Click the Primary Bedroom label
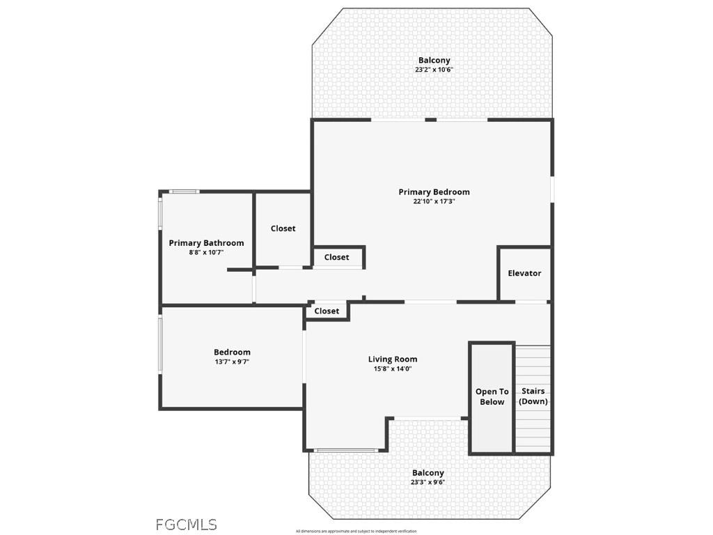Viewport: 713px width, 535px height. tap(434, 192)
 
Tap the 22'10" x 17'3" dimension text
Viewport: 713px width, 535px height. tap(434, 202)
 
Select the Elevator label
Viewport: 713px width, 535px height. tap(524, 274)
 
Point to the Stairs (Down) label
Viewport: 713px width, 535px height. tap(533, 396)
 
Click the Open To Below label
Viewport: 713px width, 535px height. tap(492, 397)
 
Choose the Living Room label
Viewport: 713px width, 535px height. tap(393, 359)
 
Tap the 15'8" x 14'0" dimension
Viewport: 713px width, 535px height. tap(393, 369)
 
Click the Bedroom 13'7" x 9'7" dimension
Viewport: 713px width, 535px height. tap(232, 362)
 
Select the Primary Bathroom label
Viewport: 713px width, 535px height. tap(206, 243)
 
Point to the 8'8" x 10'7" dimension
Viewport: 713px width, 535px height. tap(206, 253)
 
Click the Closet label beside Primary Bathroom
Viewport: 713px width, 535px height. tap(283, 228)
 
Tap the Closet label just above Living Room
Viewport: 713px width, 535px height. tap(327, 311)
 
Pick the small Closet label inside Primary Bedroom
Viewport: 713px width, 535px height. tap(336, 258)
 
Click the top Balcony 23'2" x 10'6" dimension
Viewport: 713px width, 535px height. tap(434, 70)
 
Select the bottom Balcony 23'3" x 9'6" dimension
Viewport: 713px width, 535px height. tap(428, 482)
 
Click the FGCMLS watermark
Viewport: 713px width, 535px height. tap(186, 525)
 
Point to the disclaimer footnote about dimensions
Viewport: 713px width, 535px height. tap(356, 532)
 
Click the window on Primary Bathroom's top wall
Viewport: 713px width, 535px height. tap(185, 192)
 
